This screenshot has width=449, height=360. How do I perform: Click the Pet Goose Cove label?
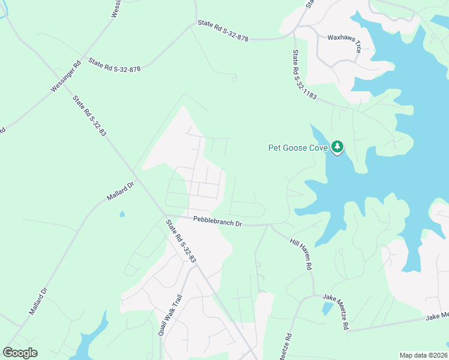coord(297,148)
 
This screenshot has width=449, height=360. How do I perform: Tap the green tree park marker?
coord(337,146)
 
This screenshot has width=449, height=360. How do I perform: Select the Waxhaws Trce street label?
coord(344,44)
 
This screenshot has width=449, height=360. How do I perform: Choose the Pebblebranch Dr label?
coord(217,222)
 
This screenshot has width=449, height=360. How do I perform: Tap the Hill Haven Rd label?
coord(302,253)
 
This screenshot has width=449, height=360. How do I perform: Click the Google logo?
coord(20,353)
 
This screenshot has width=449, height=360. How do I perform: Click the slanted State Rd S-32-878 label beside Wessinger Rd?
coord(115,65)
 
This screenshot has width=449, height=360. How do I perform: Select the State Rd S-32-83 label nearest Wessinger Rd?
coord(89,116)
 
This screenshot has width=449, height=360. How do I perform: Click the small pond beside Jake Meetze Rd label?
coord(327,308)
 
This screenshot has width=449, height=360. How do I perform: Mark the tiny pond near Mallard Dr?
coord(122,214)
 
